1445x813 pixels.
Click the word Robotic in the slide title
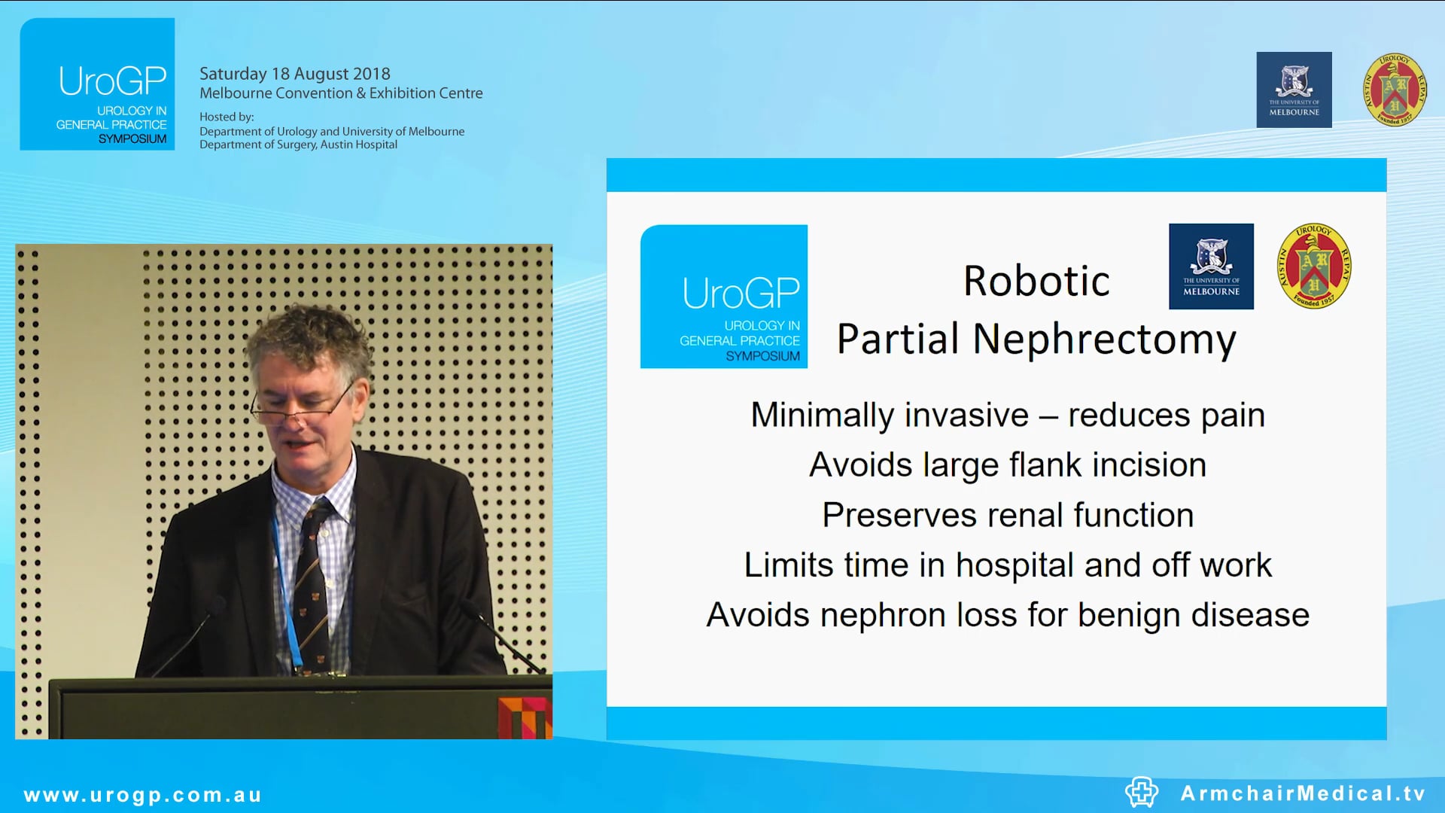pos(1036,282)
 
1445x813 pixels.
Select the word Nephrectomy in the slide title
pos(1104,340)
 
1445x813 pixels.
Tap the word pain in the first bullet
pos(1232,416)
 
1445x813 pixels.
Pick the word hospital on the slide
pos(1014,565)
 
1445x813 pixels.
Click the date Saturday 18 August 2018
pos(294,74)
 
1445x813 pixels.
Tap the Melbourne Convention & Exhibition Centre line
pos(341,93)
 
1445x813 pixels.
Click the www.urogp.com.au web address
pos(143,795)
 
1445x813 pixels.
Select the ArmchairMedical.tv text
pos(1303,793)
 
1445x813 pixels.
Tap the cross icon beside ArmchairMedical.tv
pos(1141,792)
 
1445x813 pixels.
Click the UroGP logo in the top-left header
pos(97,84)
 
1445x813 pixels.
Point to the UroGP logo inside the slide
pos(723,297)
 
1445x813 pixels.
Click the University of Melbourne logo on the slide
pos(1211,266)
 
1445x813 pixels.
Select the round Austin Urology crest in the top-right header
pos(1394,90)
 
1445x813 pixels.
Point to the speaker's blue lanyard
pos(284,587)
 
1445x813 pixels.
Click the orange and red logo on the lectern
pos(525,717)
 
